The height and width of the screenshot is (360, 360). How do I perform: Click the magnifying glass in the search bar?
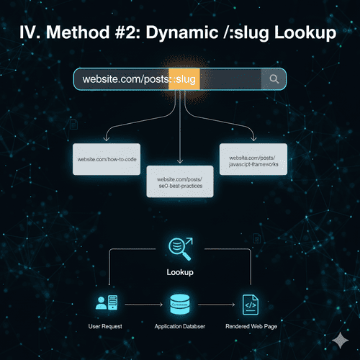(x=274, y=79)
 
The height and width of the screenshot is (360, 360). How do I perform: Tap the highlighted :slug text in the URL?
(x=184, y=79)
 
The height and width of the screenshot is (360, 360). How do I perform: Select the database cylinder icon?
(x=179, y=303)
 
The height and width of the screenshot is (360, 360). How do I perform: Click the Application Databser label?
(x=179, y=326)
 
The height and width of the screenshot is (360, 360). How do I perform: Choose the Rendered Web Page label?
(x=252, y=326)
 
